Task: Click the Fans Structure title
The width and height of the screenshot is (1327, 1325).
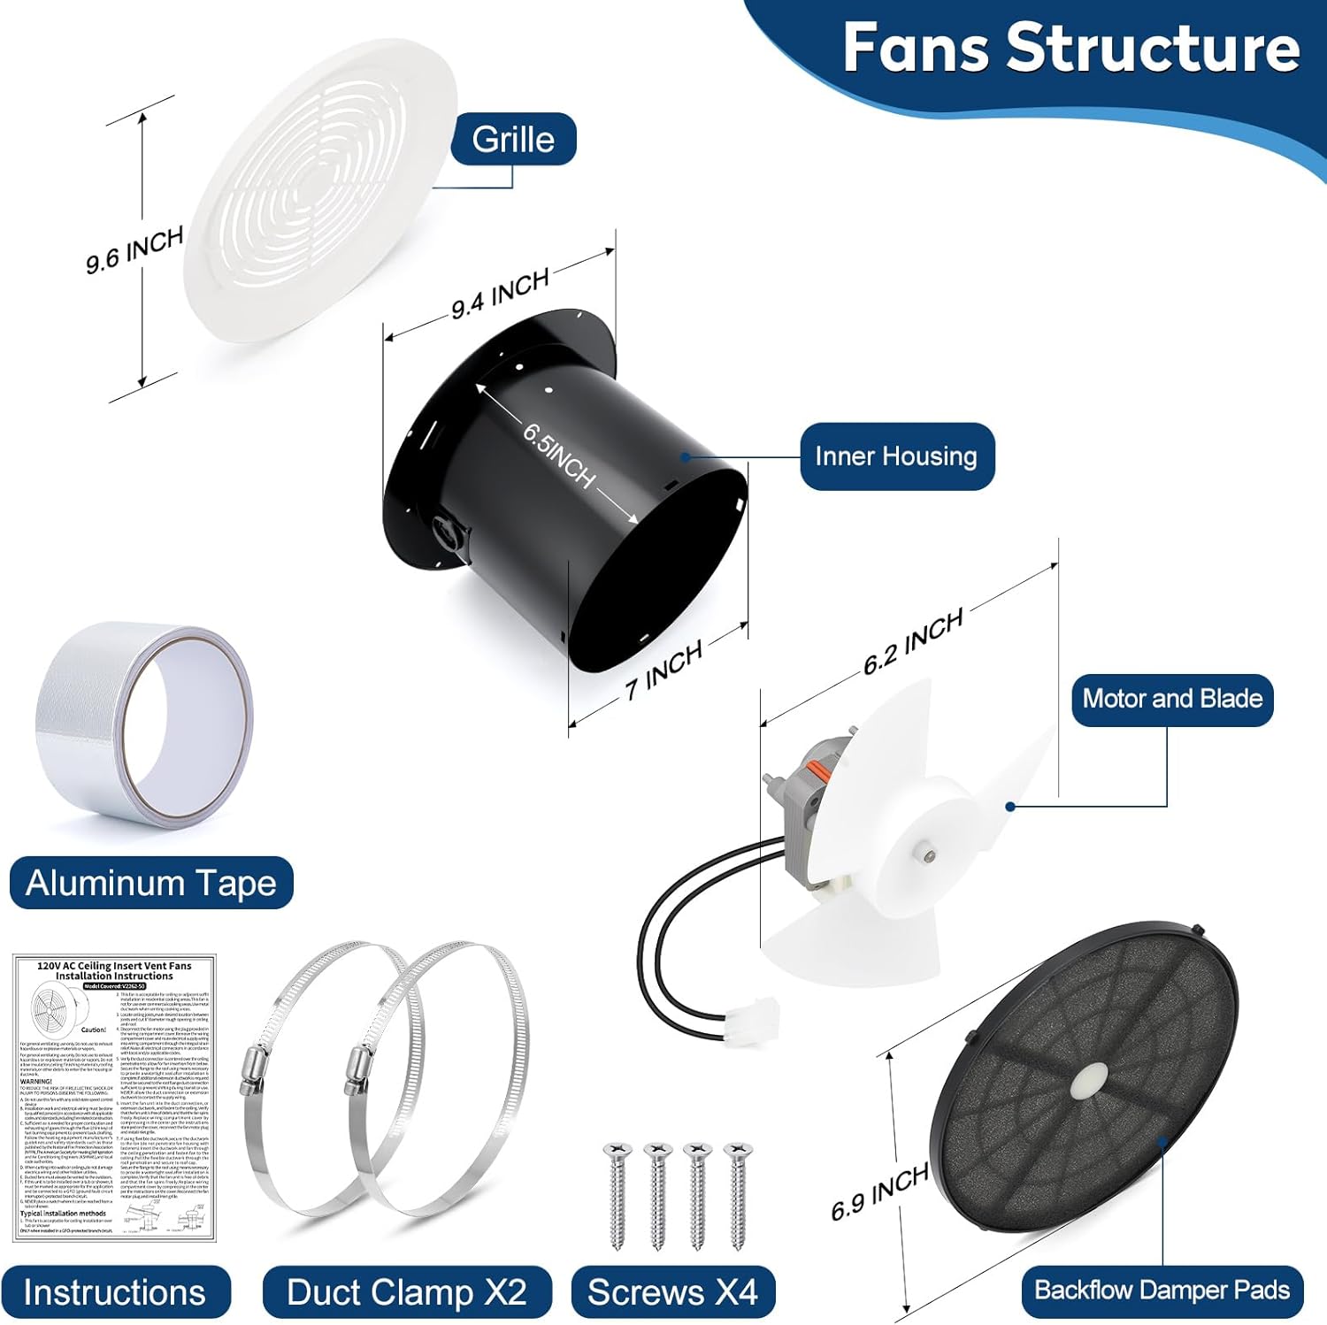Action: (1070, 48)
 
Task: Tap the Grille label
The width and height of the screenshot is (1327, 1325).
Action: (513, 140)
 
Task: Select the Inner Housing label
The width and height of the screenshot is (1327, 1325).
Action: (896, 456)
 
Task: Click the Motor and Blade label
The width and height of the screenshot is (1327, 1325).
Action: (1172, 699)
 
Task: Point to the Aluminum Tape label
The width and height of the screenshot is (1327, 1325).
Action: (151, 883)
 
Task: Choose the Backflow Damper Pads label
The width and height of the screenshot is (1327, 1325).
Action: (1162, 1291)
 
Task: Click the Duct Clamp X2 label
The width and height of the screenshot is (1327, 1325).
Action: (407, 1292)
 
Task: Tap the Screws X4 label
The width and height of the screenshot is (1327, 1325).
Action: (672, 1292)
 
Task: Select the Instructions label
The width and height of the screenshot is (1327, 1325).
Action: (115, 1292)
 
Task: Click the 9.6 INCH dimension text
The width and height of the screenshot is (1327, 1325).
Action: (134, 249)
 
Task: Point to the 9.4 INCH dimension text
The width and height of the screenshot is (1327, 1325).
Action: (500, 293)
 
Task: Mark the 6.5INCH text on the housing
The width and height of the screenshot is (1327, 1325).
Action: (558, 456)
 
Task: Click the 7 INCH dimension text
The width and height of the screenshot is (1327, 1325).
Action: (663, 670)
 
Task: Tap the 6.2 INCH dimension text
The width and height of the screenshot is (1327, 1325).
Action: (913, 642)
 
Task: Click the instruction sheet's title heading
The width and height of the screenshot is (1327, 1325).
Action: (114, 970)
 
